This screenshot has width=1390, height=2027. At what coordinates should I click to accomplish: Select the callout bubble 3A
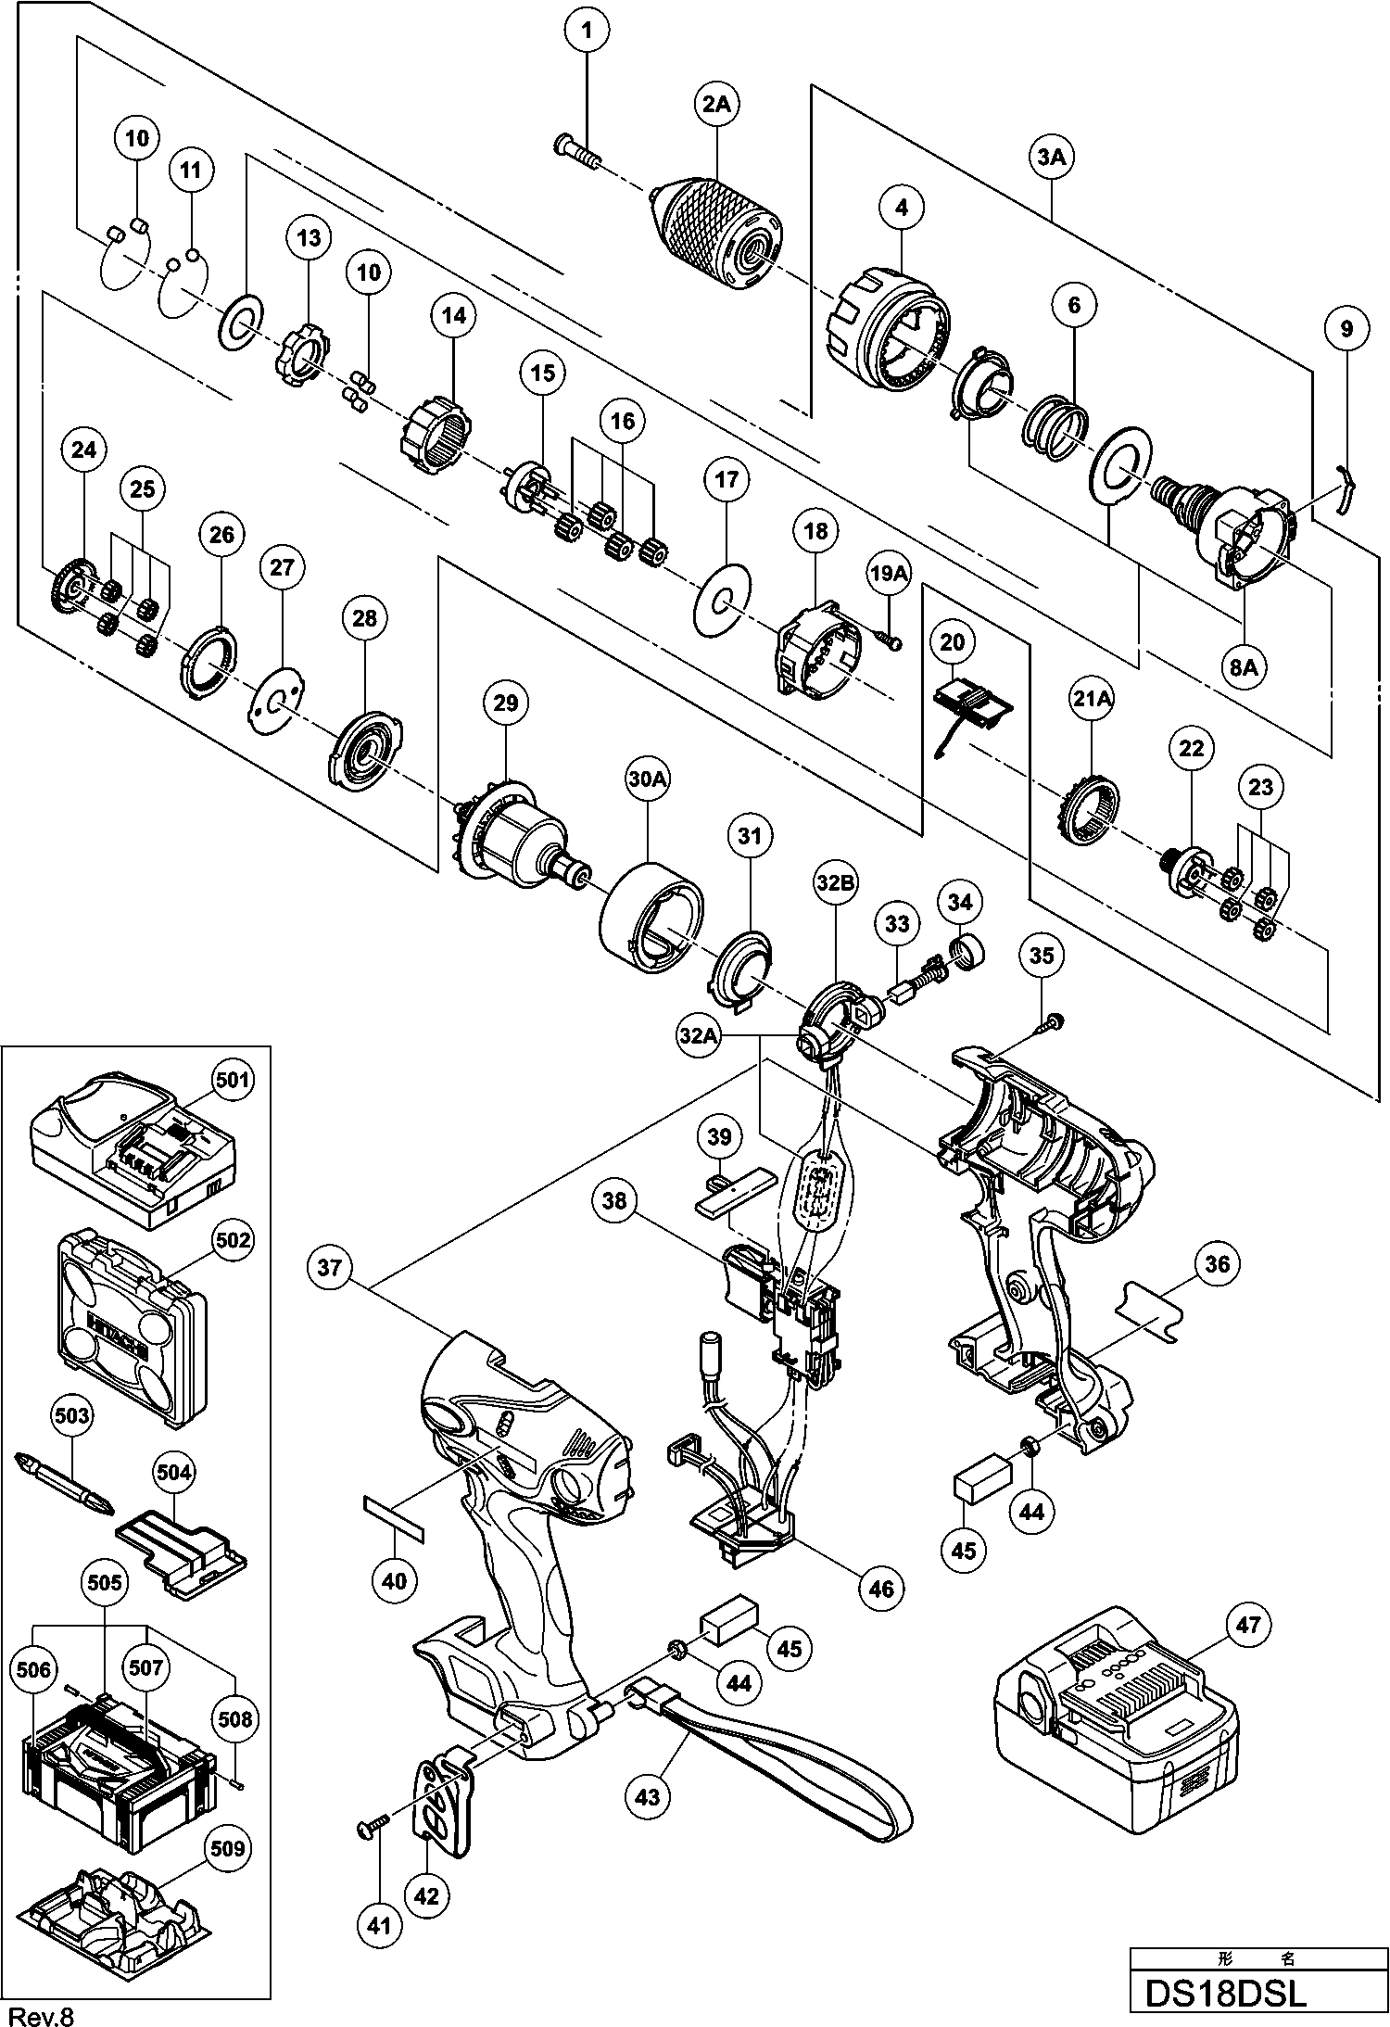1051,158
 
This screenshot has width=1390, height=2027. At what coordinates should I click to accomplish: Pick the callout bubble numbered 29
506,703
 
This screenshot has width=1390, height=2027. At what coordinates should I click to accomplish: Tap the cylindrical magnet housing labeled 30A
652,918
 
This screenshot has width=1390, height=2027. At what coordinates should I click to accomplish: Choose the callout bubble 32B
835,885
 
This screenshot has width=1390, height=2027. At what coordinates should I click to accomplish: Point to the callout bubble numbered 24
83,450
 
